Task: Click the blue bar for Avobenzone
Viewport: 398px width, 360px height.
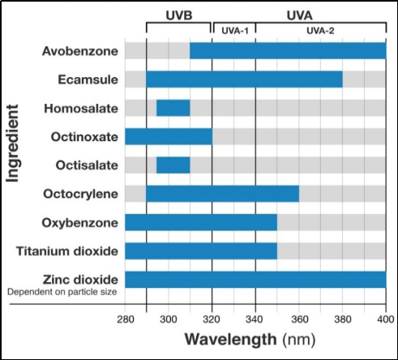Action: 288,50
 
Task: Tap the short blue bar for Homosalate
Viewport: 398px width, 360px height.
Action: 173,107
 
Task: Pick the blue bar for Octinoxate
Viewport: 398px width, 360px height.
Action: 168,135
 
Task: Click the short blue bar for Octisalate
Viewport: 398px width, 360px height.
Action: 173,165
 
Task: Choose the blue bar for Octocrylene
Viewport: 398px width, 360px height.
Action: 222,194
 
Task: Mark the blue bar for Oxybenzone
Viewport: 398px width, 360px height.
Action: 200,222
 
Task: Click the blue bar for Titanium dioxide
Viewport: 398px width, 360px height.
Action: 200,251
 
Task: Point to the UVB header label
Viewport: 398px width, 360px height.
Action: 178,14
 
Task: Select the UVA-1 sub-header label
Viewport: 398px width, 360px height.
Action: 233,30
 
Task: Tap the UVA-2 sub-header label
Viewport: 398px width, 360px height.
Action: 320,30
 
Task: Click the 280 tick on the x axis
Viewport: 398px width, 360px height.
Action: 125,319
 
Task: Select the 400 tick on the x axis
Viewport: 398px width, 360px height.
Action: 385,319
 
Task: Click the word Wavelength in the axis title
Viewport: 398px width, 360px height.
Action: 230,340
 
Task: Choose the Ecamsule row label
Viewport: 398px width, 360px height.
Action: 88,79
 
